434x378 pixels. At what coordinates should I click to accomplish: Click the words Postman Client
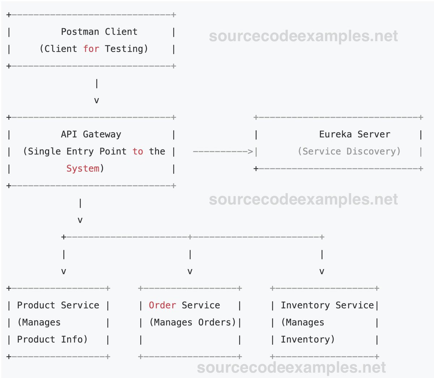(99, 32)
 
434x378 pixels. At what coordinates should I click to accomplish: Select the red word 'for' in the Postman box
(91, 49)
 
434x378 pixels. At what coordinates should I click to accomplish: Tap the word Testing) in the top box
(126, 49)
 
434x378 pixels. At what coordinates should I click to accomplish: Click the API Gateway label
(91, 134)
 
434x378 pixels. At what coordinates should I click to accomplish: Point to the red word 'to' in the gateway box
(137, 151)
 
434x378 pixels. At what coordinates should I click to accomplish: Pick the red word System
(83, 168)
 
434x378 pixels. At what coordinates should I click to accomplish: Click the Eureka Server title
(354, 134)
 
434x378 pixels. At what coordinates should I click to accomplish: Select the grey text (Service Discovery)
(349, 151)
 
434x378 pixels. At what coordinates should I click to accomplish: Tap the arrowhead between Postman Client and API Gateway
(97, 100)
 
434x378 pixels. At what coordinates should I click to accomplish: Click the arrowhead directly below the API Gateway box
(80, 220)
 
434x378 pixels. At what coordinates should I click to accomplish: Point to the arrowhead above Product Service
(64, 271)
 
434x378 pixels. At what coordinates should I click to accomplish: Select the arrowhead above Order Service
(190, 271)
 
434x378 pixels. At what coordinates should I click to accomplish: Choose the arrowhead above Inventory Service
(322, 271)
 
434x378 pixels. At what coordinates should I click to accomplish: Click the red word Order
(162, 305)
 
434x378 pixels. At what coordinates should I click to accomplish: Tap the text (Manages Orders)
(193, 322)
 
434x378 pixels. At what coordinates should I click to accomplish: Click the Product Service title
(58, 305)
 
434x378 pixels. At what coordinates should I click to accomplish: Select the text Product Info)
(52, 339)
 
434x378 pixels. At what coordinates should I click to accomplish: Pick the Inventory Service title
(327, 305)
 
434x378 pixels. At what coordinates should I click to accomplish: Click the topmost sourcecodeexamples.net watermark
(303, 36)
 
